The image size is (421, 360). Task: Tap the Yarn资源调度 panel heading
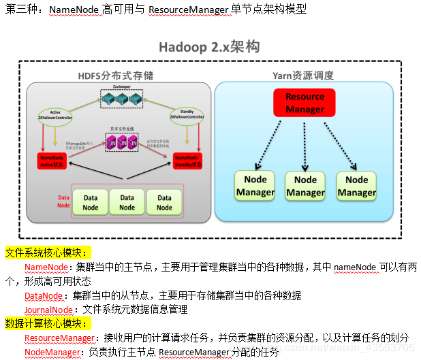click(x=303, y=75)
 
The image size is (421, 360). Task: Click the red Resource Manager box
click(x=305, y=103)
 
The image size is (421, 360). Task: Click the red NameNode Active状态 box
click(x=56, y=161)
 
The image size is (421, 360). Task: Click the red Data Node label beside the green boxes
click(x=63, y=201)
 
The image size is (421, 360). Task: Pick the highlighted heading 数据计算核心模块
click(x=43, y=323)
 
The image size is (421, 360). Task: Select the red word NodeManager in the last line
click(x=52, y=352)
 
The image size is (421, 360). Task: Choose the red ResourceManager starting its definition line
click(x=59, y=338)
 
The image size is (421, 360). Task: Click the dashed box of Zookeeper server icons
click(x=123, y=99)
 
